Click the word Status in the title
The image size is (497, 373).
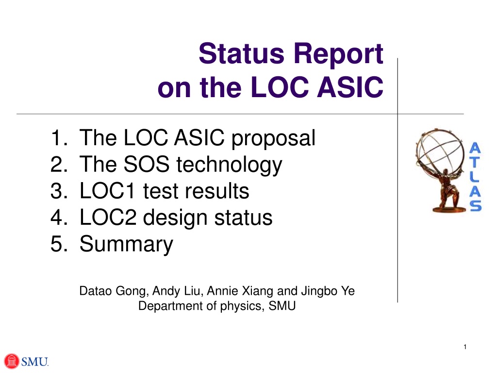[241, 53]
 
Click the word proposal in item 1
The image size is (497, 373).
[273, 139]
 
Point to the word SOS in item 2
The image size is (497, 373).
[146, 164]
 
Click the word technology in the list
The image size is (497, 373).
[229, 165]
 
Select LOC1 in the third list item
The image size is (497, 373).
[107, 190]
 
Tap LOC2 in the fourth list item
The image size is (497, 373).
[108, 217]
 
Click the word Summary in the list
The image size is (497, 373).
[126, 244]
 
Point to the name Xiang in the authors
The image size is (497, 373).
[258, 291]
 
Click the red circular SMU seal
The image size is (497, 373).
[12, 361]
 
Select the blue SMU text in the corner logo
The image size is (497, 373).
[34, 361]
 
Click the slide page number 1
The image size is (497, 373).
[465, 347]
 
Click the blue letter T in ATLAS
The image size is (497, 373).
[475, 162]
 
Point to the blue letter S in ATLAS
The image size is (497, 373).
[476, 205]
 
